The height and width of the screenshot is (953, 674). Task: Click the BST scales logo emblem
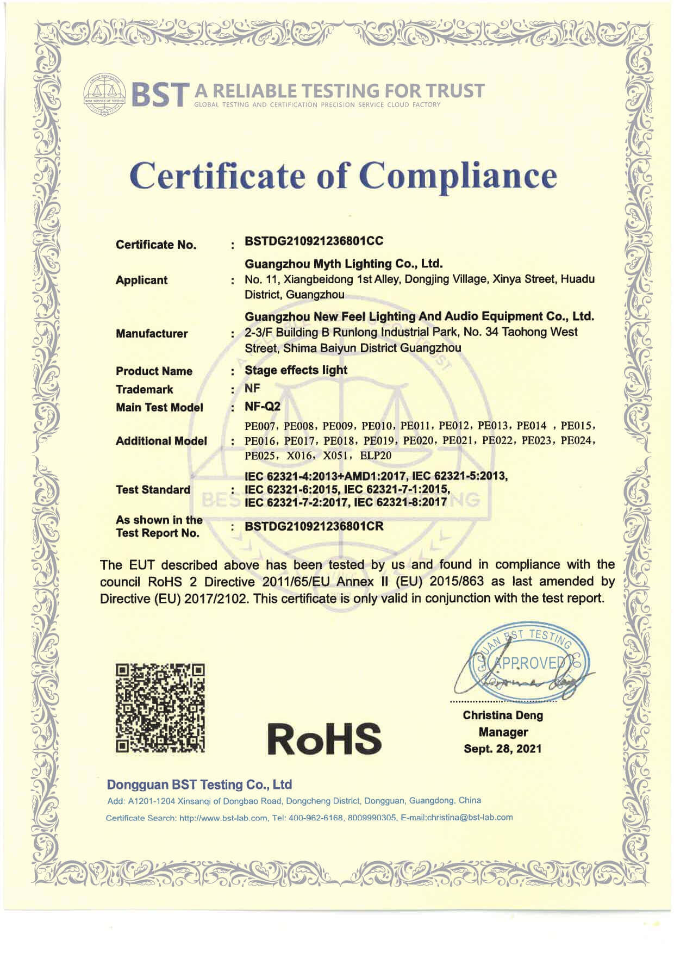coord(105,94)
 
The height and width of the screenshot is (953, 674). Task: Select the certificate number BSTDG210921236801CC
coord(314,241)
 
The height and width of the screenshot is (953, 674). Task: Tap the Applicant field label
coord(141,280)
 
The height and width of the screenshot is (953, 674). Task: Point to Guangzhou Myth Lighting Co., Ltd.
coord(343,264)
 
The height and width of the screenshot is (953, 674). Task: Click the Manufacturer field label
coord(152,333)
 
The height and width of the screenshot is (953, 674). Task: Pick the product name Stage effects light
coord(296,370)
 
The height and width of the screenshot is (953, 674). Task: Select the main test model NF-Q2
coord(263,407)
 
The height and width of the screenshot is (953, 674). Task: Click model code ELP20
coord(376,456)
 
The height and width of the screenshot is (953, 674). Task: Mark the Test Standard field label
coord(153,489)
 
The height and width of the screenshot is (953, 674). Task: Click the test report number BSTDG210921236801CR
coord(314,526)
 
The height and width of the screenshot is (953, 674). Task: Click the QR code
coord(161,708)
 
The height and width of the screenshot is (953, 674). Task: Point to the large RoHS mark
coord(324,738)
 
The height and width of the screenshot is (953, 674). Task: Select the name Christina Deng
coord(503,715)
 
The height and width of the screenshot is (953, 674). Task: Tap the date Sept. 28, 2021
coord(502,749)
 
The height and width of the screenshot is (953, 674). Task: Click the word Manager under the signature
coord(503,732)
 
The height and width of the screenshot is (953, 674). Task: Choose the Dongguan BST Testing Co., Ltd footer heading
coord(199,784)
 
